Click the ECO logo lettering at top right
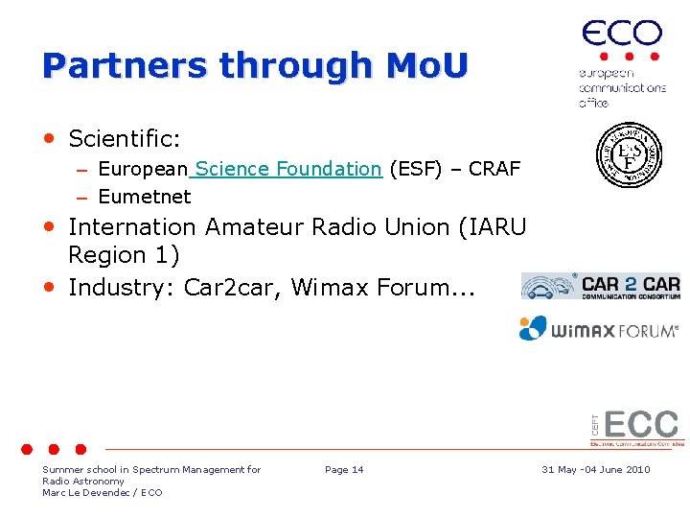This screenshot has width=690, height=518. (x=622, y=35)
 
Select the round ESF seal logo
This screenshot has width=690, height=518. (x=629, y=154)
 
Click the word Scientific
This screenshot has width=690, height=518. (x=125, y=139)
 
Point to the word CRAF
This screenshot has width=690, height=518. (x=494, y=170)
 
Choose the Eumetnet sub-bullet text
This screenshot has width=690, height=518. (x=145, y=198)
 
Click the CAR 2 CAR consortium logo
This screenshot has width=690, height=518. (x=601, y=286)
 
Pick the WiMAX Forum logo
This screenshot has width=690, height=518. (x=599, y=329)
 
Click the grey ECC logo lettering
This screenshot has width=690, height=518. (x=640, y=425)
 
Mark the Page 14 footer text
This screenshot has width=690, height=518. (x=344, y=469)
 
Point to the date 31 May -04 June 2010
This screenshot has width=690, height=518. (x=595, y=469)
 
